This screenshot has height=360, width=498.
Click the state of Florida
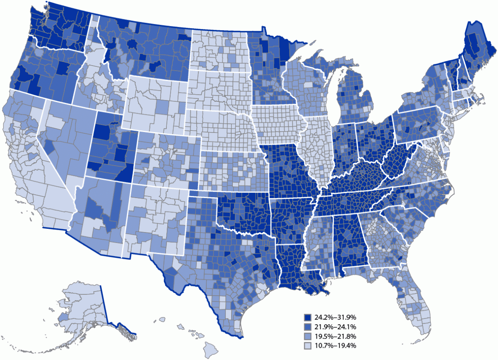414,303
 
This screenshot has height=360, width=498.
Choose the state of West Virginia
397,160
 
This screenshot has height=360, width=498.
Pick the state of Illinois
313,147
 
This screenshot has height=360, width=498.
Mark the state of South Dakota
219,90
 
